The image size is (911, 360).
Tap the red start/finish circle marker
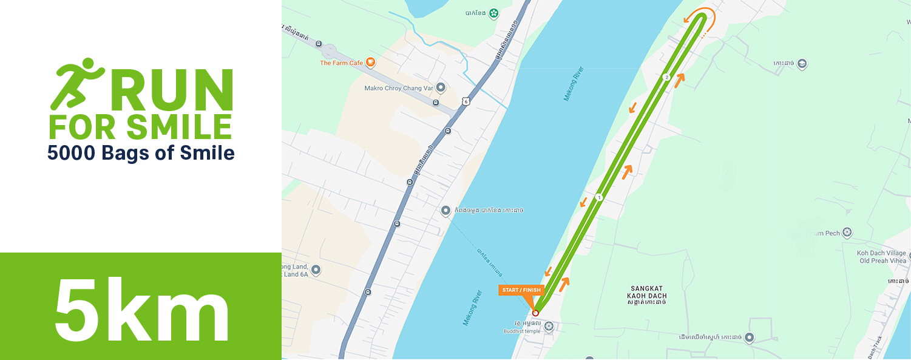[535, 313]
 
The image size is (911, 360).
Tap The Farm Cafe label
[341, 63]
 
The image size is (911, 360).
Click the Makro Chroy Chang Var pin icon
[441, 87]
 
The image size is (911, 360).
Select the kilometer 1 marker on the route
[599, 197]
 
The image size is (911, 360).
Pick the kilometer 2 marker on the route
[666, 77]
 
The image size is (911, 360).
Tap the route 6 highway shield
[465, 101]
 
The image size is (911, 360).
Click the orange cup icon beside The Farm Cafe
[370, 63]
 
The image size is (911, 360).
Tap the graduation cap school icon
[802, 63]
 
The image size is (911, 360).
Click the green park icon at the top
[494, 12]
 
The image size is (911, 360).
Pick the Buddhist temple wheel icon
[549, 327]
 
